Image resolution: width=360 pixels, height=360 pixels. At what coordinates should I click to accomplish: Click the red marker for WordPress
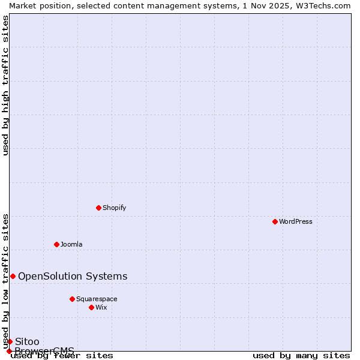click(275, 221)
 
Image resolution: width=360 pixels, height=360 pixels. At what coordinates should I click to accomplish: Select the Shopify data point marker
click(98, 208)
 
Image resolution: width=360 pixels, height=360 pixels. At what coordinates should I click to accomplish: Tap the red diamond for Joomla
click(56, 244)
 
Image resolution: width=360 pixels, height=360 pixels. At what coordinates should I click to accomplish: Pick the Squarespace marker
click(72, 299)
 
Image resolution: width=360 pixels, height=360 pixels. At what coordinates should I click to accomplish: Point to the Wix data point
click(91, 307)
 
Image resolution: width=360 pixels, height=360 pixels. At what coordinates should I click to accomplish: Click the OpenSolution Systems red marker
click(13, 276)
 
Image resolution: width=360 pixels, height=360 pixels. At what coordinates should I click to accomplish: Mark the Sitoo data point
click(10, 341)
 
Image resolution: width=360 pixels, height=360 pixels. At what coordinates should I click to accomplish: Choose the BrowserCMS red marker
click(9, 351)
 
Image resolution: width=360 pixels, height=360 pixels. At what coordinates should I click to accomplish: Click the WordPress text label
click(296, 221)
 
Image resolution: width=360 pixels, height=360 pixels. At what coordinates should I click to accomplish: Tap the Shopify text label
click(114, 208)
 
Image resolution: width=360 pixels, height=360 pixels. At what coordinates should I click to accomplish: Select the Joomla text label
click(71, 244)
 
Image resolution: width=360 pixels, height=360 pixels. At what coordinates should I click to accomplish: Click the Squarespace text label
click(97, 299)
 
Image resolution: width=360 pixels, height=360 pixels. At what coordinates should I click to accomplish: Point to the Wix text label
click(101, 307)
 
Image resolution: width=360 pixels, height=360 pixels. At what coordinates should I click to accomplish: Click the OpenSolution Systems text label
click(73, 276)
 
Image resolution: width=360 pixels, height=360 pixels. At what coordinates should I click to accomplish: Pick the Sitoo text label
click(27, 341)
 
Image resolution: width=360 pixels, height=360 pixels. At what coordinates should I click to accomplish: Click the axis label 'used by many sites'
click(301, 356)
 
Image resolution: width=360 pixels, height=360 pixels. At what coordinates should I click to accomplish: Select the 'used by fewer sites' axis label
click(62, 356)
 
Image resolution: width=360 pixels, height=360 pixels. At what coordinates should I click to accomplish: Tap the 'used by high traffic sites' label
click(5, 85)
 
